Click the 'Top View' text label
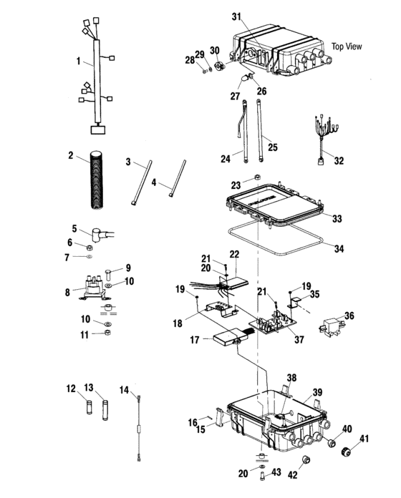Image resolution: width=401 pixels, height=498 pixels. [347, 47]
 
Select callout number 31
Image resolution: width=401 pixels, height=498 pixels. [236, 16]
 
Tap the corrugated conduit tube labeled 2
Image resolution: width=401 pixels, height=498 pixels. [97, 180]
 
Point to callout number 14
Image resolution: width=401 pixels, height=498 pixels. [125, 389]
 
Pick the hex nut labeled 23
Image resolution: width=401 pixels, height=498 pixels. [258, 177]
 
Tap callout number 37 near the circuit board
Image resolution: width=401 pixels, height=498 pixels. [299, 339]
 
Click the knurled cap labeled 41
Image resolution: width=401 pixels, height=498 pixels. [346, 451]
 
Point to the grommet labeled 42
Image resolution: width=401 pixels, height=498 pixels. [306, 459]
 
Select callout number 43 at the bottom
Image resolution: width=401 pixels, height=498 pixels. [276, 472]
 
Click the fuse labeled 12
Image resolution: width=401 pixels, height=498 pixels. [90, 407]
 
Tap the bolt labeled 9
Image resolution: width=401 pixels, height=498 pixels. [107, 275]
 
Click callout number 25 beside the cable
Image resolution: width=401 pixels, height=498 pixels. [273, 147]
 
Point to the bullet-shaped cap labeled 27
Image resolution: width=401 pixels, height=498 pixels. [245, 77]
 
